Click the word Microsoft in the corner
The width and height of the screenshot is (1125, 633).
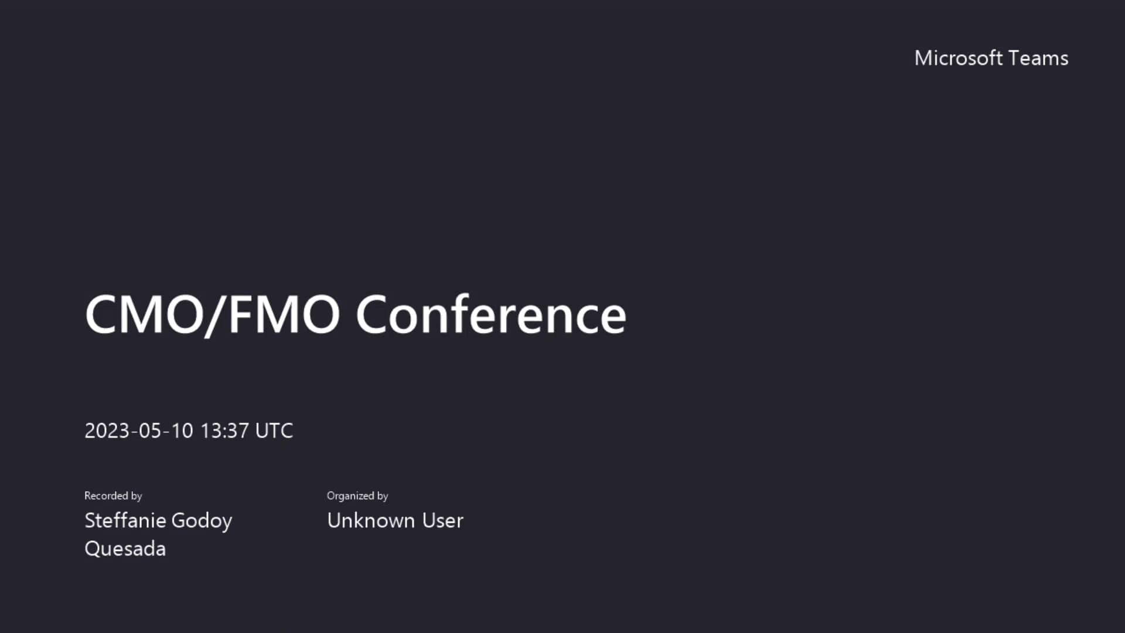(x=958, y=58)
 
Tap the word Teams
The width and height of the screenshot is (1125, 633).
(x=1038, y=58)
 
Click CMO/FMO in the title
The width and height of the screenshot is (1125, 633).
(x=212, y=315)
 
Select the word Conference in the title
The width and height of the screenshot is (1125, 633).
(x=491, y=315)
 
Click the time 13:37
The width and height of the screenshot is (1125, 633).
(x=224, y=431)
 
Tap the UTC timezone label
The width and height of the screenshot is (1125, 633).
(x=274, y=431)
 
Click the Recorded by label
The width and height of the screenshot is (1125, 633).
(x=113, y=496)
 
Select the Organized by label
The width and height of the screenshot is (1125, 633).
(x=357, y=496)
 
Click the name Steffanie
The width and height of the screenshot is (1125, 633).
(x=125, y=520)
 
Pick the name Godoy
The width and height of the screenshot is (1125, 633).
(x=202, y=520)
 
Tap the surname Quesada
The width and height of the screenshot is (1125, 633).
(x=125, y=549)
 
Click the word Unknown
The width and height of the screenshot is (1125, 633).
(x=370, y=520)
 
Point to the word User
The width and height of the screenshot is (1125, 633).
(x=442, y=520)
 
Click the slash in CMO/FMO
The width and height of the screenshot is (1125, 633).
(x=216, y=316)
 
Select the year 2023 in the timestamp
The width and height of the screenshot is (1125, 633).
(x=107, y=431)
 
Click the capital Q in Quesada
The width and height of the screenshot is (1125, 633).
(x=92, y=549)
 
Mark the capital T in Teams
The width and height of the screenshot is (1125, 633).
(x=1014, y=58)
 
